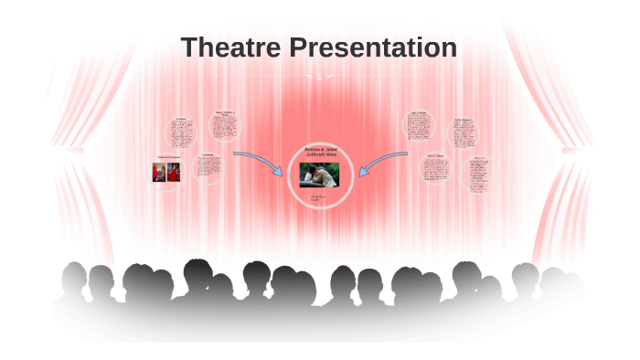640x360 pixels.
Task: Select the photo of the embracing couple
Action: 319,175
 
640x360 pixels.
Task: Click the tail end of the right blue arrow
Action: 406,154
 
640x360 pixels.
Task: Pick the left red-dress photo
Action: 159,172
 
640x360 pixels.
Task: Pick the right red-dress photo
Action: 173,172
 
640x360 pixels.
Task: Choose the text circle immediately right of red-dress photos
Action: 208,167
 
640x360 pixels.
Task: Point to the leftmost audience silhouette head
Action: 73,273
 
